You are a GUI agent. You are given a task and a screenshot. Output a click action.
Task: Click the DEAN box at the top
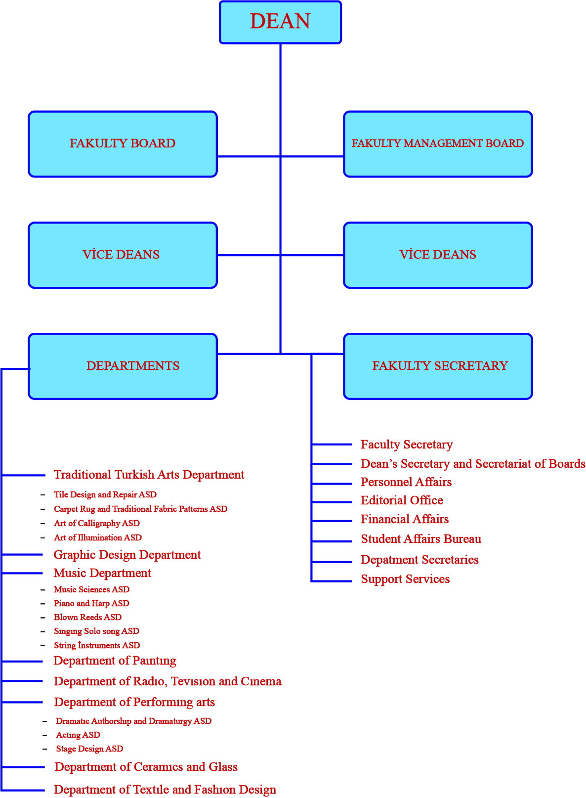click(280, 22)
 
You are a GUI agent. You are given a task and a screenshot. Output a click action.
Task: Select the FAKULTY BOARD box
click(123, 144)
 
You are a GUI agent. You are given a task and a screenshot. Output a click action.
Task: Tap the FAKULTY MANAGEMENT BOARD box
click(438, 144)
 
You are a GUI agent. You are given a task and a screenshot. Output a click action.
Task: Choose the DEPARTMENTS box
click(123, 366)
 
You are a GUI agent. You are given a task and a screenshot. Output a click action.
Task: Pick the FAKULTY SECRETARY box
click(438, 366)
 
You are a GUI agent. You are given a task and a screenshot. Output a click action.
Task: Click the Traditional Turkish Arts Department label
click(149, 475)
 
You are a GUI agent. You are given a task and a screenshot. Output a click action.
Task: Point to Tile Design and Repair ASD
click(105, 495)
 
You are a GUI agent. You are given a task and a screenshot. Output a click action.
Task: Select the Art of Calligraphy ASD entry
click(97, 524)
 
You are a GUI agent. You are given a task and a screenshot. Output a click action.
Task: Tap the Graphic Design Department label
click(127, 555)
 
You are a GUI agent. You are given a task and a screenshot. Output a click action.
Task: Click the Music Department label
click(102, 574)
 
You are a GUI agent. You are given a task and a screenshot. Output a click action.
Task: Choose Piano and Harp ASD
click(91, 604)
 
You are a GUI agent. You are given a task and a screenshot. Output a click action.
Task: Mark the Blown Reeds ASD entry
click(87, 618)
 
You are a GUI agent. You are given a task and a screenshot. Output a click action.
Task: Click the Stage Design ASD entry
click(89, 749)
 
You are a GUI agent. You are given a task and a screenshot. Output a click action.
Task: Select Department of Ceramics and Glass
click(146, 767)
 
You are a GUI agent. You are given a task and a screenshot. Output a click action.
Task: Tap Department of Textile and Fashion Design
click(165, 790)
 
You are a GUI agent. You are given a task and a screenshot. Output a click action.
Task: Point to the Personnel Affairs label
click(406, 483)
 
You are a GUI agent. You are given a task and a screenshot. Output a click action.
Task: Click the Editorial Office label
click(402, 501)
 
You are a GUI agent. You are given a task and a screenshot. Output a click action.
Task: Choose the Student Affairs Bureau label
click(421, 539)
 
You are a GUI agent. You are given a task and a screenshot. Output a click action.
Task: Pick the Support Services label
click(405, 579)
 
